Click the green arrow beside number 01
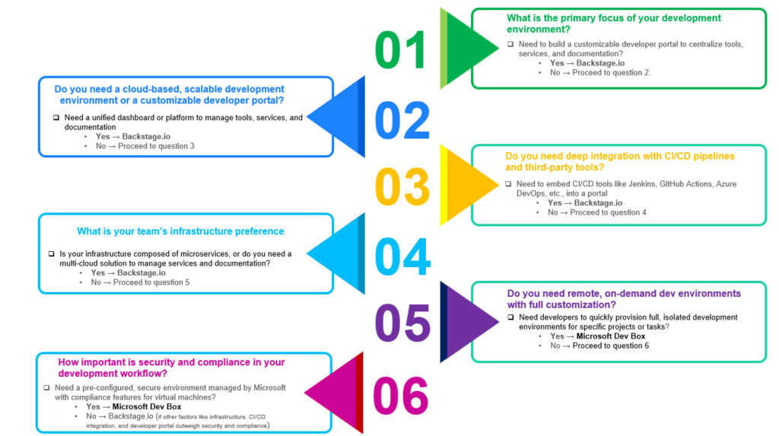(468, 47)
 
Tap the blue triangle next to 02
(335, 117)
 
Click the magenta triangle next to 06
(335, 393)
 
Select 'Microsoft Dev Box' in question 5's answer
(611, 336)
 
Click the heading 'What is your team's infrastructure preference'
(180, 231)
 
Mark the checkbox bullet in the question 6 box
(47, 387)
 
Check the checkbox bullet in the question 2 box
(56, 118)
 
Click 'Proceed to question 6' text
(611, 345)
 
